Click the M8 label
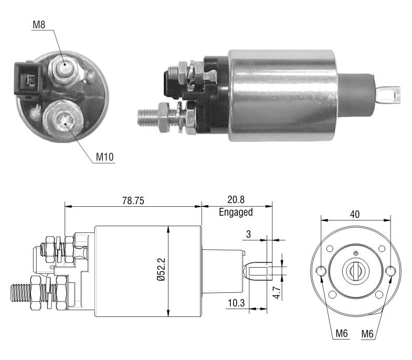tap(39, 25)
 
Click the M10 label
tap(104, 157)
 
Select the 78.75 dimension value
tap(133, 201)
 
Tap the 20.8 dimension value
tap(236, 200)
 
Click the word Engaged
tap(236, 212)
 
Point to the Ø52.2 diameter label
tap(162, 270)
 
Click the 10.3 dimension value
tap(236, 303)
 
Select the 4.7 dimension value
tap(277, 292)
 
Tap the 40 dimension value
tap(355, 215)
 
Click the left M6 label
tap(342, 333)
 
